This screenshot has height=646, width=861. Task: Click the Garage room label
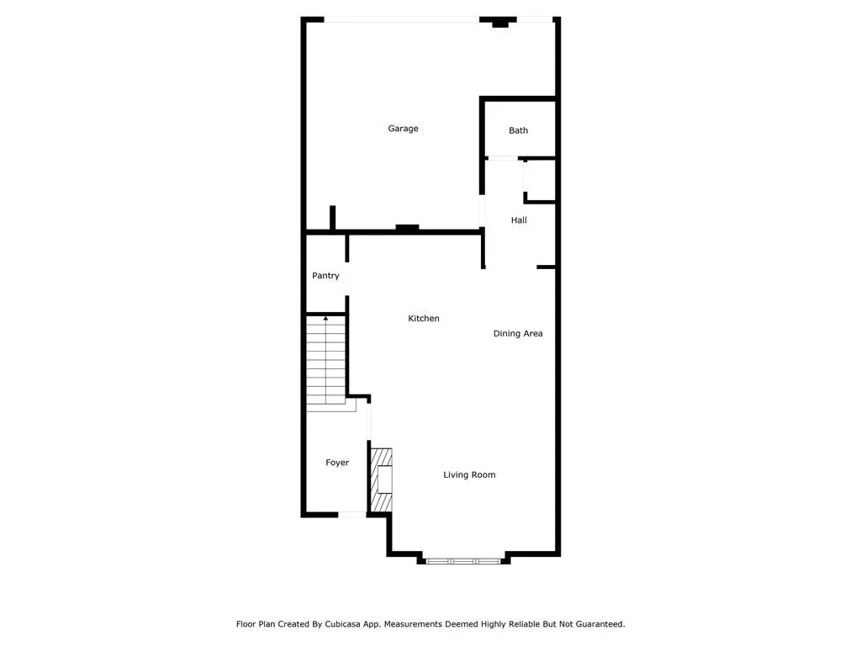pos(403,129)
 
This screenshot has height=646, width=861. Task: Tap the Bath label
pos(518,130)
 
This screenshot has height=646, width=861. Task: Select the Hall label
pos(519,220)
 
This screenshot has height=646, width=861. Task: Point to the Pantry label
pos(325,276)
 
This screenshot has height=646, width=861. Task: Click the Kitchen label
pos(424,319)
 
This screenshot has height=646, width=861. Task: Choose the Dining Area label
pos(517,334)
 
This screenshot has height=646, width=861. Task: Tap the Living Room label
pos(469,475)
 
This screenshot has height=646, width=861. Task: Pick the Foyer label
pos(337,463)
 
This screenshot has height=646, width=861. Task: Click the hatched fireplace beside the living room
pos(383,479)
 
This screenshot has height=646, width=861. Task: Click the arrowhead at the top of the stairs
pos(326,319)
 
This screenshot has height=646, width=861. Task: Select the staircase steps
pos(326,362)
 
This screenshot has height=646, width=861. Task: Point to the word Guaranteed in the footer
pos(594,624)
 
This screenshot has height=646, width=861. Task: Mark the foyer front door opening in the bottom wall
pos(351,515)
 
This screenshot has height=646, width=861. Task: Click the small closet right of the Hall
pos(541,180)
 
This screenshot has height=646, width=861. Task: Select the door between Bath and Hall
pos(503,158)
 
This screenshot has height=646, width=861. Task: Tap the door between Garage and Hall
pos(482,210)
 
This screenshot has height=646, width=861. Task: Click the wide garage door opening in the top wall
pos(402,19)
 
